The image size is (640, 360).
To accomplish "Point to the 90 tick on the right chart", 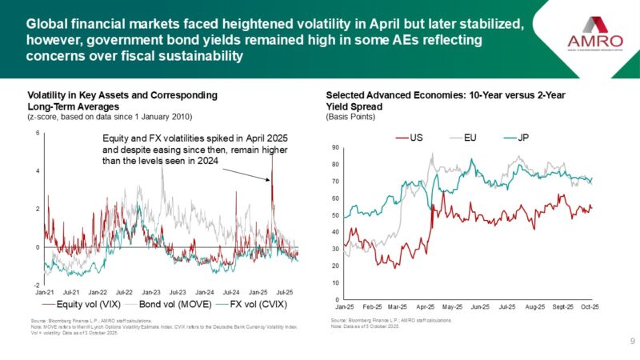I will coord(335,147).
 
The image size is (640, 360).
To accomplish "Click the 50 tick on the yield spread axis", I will coord(335,215).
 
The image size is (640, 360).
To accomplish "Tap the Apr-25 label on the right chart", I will coord(425,306).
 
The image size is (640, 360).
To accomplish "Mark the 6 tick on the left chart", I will coord(37,133).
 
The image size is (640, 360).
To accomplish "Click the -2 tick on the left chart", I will coord(36,285).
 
